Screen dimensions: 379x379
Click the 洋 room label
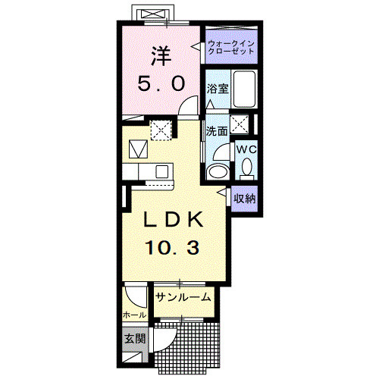pos(161,57)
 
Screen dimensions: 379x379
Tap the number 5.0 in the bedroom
pos(161,84)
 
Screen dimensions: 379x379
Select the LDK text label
pos(174,219)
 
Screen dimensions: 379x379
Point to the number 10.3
pos(173,247)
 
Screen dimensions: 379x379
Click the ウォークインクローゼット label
pos(230,47)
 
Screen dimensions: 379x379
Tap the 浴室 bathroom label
pos(218,89)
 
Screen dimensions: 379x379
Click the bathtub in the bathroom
pos(244,89)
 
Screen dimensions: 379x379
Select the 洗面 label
pos(217,131)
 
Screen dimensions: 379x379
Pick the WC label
pos(246,149)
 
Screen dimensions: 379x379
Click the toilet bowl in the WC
pos(246,168)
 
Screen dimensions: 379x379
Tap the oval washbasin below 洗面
pos(218,172)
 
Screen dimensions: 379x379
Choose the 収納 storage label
pos(244,199)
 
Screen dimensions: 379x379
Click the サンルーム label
pos(183,297)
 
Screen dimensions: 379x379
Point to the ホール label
pos(134,315)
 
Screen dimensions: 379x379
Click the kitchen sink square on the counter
pos(161,171)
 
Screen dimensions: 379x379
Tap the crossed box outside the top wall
pos(154,14)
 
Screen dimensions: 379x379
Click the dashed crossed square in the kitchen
pos(161,130)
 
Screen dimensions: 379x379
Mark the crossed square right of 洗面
pos(240,124)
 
